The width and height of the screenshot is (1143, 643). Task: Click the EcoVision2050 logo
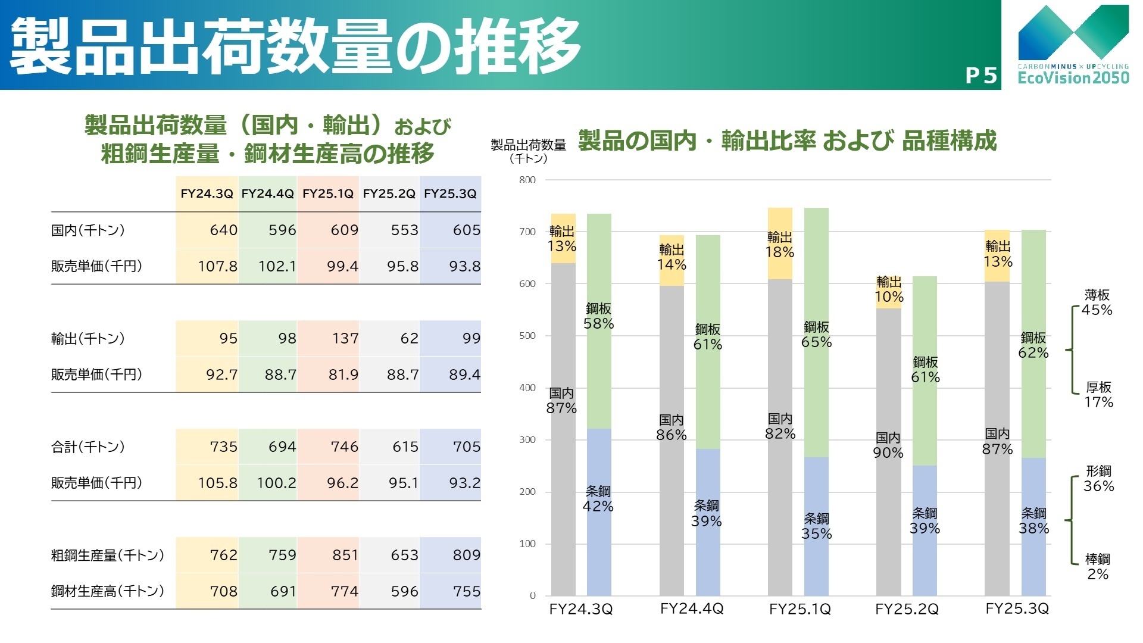(1073, 45)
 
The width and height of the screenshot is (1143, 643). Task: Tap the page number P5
(980, 76)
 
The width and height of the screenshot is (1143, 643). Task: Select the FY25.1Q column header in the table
(328, 193)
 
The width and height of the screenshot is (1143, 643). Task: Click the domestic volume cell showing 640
(223, 230)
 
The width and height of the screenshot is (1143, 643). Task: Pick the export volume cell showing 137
(345, 338)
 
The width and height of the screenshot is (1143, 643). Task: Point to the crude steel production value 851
(345, 555)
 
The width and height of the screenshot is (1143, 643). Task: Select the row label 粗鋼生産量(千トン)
(108, 555)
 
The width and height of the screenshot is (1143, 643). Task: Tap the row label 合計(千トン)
(88, 447)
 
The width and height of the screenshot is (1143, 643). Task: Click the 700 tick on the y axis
(527, 232)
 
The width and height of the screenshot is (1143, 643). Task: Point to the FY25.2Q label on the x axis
(907, 609)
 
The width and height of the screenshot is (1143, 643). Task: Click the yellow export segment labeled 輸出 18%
(780, 245)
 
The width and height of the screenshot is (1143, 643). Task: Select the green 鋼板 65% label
(816, 335)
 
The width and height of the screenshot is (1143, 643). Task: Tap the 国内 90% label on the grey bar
(888, 445)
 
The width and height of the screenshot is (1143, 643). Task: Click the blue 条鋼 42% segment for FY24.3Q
(598, 499)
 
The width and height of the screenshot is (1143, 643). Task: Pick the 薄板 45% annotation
(1097, 302)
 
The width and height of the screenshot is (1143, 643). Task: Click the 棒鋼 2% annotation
(1097, 567)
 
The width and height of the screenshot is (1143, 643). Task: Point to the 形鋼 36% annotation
(1098, 479)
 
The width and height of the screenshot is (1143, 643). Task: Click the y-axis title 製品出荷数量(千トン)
(529, 151)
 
